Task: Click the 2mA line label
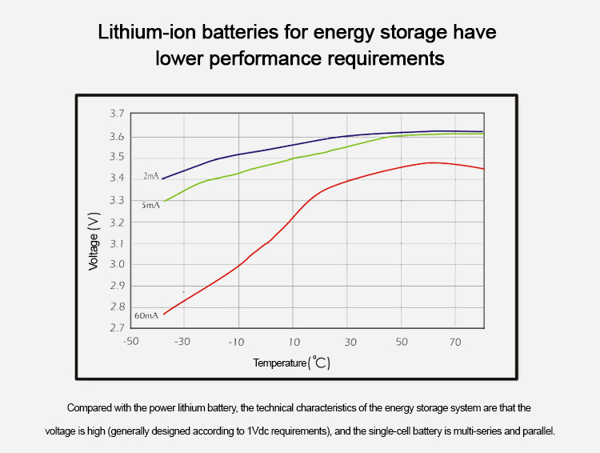click(150, 175)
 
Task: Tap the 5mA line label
click(150, 205)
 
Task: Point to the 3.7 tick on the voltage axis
click(116, 115)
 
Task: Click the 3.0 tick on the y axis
click(116, 264)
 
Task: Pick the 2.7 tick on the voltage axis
click(116, 328)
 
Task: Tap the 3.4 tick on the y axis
click(116, 178)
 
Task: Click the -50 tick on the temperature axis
click(130, 342)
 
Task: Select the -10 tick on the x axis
click(235, 342)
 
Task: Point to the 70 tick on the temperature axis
click(455, 342)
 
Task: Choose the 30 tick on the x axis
click(350, 342)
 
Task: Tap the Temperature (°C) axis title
click(292, 363)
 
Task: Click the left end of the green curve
click(164, 201)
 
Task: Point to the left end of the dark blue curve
click(162, 178)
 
